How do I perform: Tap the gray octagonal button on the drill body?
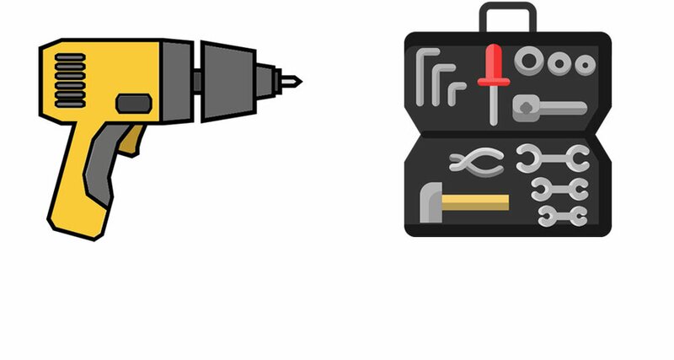(x=132, y=104)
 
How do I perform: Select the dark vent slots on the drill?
(x=71, y=81)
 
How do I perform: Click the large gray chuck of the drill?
(x=227, y=81)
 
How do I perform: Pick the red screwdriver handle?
(x=492, y=66)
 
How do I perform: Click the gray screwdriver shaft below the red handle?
(x=494, y=105)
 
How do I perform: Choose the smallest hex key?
(x=454, y=91)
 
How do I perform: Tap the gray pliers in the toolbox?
(x=477, y=163)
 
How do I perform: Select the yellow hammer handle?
(x=476, y=202)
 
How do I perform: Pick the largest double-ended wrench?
(x=553, y=157)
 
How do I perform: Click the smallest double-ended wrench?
(x=561, y=215)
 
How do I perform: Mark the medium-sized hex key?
(x=438, y=84)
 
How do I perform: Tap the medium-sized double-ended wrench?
(x=559, y=188)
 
